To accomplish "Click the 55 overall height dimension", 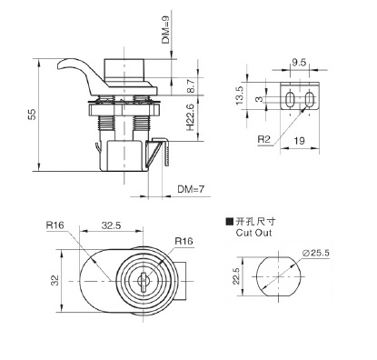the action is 32,114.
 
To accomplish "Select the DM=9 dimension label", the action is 166,30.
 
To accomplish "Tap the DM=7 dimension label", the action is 191,189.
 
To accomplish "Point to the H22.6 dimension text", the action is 190,118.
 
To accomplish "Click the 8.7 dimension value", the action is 191,86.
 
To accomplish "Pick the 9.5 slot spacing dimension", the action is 299,63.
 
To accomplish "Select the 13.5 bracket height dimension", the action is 240,95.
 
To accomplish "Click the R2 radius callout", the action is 263,139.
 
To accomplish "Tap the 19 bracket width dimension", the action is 299,141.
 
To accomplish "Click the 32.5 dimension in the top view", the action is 111,225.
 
